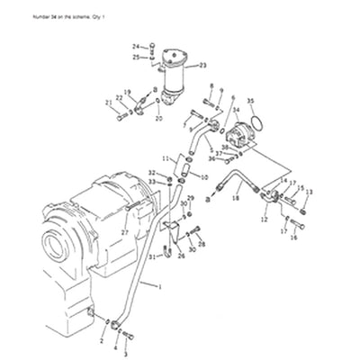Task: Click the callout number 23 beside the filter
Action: point(202,66)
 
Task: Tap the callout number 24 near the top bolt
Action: point(137,46)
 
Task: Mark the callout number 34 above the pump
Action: point(236,110)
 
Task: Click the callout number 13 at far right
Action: point(309,192)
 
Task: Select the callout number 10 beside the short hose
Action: point(204,178)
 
